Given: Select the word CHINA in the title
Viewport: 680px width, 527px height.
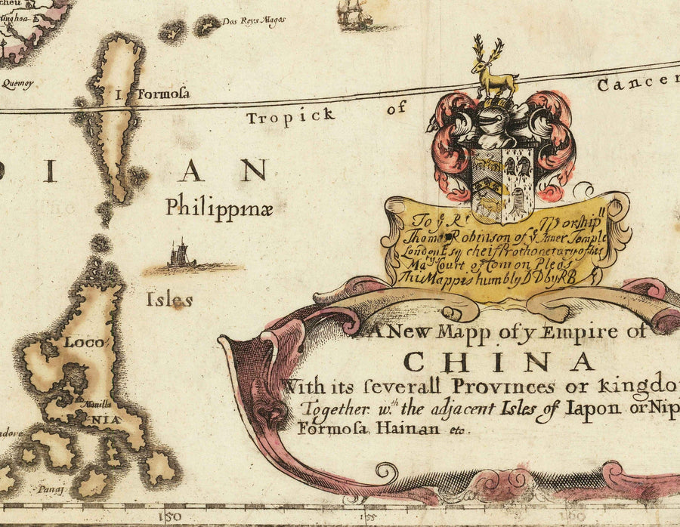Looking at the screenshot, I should pos(499,362).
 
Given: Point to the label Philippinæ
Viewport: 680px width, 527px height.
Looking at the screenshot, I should pos(219,205).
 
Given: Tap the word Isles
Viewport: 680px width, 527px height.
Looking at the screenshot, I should pos(170,300).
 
